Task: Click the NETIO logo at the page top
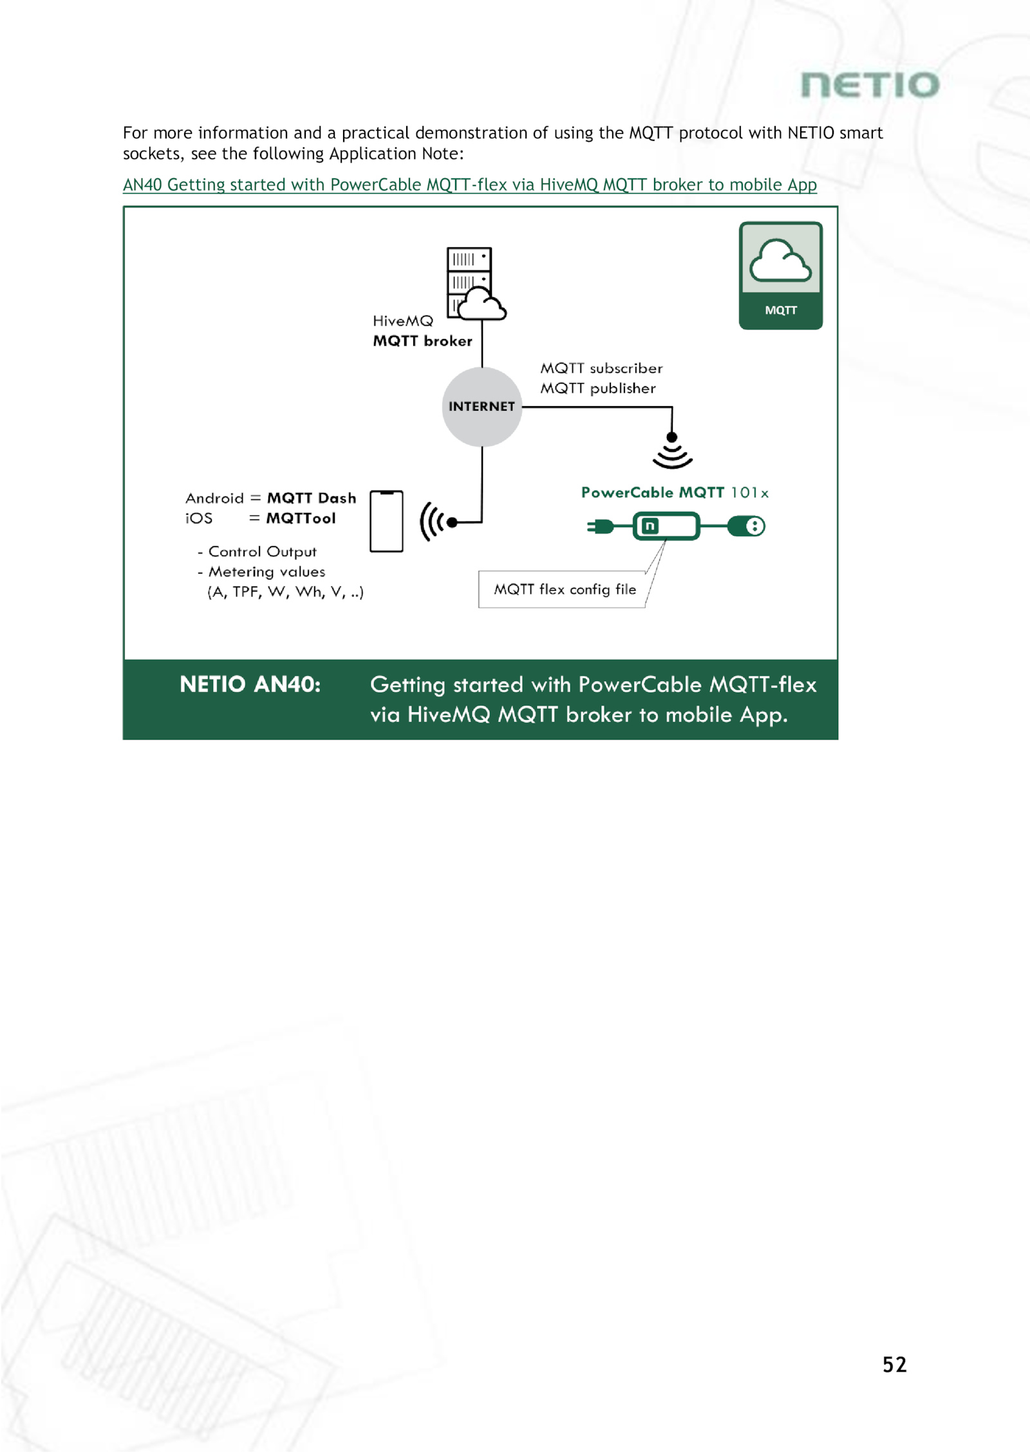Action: pyautogui.click(x=870, y=86)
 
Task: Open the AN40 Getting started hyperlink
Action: pyautogui.click(x=469, y=185)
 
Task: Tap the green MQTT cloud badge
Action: pyautogui.click(x=780, y=275)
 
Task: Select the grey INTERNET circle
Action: pyautogui.click(x=482, y=407)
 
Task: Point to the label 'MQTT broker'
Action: pyautogui.click(x=422, y=341)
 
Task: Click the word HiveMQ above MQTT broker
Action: pyautogui.click(x=403, y=321)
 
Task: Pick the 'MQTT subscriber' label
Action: pyautogui.click(x=601, y=368)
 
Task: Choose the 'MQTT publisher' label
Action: pyautogui.click(x=598, y=388)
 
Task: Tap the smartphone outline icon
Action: pyautogui.click(x=386, y=521)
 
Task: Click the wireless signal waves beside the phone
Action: pyautogui.click(x=431, y=522)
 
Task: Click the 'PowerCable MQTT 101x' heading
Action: pyautogui.click(x=675, y=492)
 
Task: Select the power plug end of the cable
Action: pyautogui.click(x=601, y=527)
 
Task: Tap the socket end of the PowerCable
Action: pyautogui.click(x=747, y=527)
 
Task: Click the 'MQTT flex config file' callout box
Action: pyautogui.click(x=563, y=590)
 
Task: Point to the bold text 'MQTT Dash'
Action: pyautogui.click(x=312, y=498)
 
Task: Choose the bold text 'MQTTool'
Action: pyautogui.click(x=301, y=518)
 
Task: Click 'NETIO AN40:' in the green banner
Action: pyautogui.click(x=250, y=684)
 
